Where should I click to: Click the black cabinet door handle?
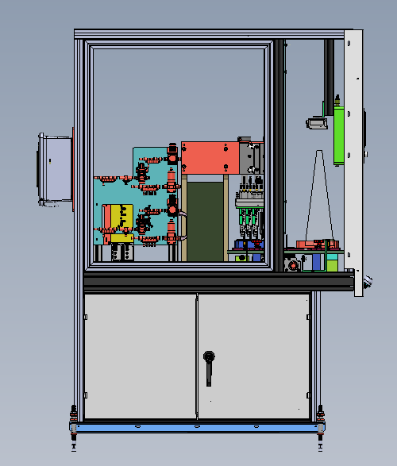pyautogui.click(x=210, y=367)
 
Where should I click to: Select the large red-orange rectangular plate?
pyautogui.click(x=210, y=156)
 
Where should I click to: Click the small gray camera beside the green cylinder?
pyautogui.click(x=318, y=123)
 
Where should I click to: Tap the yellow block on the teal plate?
pyautogui.click(x=121, y=221)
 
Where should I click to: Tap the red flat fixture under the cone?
pyautogui.click(x=318, y=243)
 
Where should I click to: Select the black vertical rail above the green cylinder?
pyautogui.click(x=327, y=71)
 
